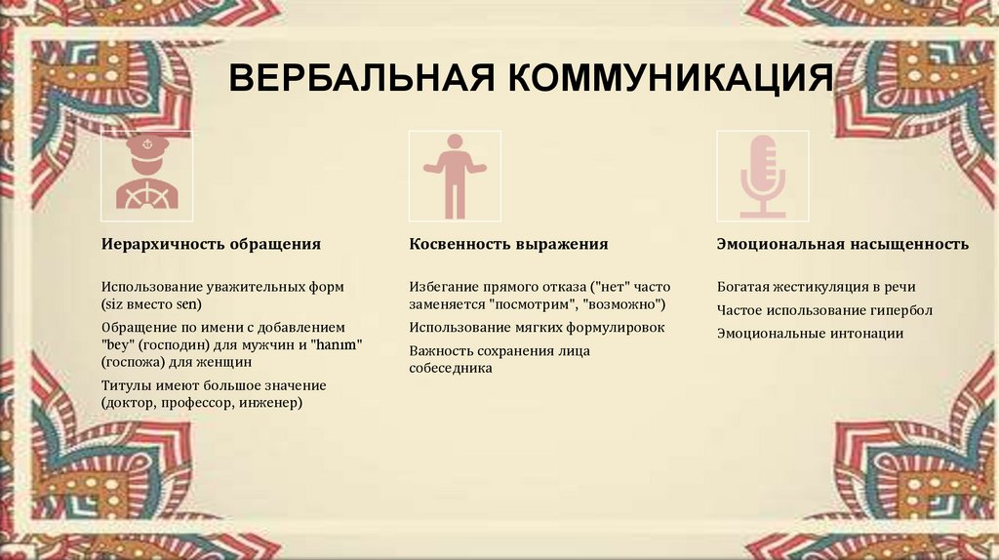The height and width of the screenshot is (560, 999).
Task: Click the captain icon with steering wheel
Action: [x=147, y=177]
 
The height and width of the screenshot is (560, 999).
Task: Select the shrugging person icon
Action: [x=455, y=177]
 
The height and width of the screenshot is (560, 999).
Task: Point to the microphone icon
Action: [x=762, y=177]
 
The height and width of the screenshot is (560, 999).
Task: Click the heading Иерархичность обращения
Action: [x=212, y=244]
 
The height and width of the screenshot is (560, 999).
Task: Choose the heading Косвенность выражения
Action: [x=508, y=244]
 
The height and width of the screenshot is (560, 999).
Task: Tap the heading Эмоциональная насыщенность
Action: [x=842, y=244]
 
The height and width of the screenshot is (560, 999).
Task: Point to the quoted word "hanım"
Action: [x=340, y=344]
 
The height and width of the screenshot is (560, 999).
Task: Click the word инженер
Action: [x=270, y=402]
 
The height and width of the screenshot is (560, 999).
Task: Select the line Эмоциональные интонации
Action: [x=810, y=334]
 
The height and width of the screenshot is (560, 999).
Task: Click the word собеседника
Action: [x=451, y=369]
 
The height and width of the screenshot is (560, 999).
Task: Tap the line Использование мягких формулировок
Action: [x=537, y=328]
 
